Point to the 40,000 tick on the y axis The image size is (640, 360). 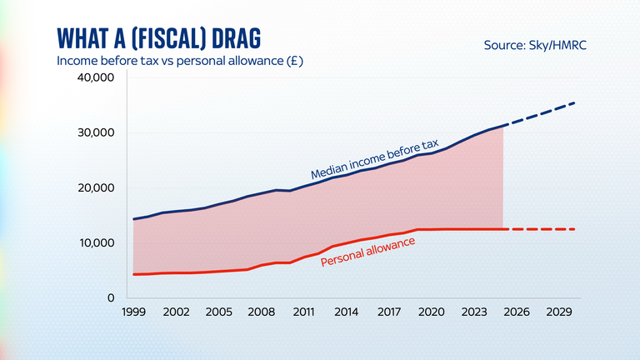(x=96, y=78)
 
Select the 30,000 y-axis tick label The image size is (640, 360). (x=96, y=133)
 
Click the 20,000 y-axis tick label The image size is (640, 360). (x=96, y=188)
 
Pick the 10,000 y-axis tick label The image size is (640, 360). (x=96, y=243)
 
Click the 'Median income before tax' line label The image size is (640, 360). (x=374, y=159)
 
